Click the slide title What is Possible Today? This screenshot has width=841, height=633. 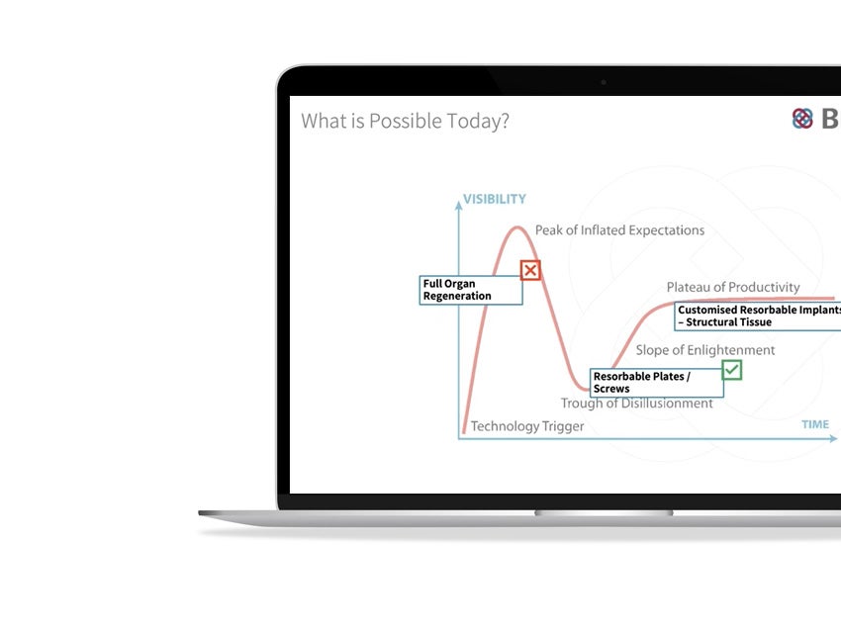405,122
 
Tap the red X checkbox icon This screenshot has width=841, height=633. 530,270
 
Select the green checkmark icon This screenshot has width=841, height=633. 731,370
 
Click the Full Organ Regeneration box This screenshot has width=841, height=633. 471,290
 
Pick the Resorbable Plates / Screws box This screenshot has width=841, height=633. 657,383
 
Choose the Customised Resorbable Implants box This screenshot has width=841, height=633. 758,316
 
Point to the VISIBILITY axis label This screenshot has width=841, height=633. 495,200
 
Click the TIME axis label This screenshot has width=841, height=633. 815,424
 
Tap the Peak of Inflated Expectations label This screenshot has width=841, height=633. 619,230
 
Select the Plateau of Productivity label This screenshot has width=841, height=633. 733,287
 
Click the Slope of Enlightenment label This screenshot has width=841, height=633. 705,350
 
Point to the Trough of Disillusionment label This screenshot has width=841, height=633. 636,404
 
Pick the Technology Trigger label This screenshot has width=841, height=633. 527,426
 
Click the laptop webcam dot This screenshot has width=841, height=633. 603,82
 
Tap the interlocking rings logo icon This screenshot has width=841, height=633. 802,119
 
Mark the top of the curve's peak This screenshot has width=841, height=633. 515,228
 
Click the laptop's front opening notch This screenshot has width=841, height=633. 604,513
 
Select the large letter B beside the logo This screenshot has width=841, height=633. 830,119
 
